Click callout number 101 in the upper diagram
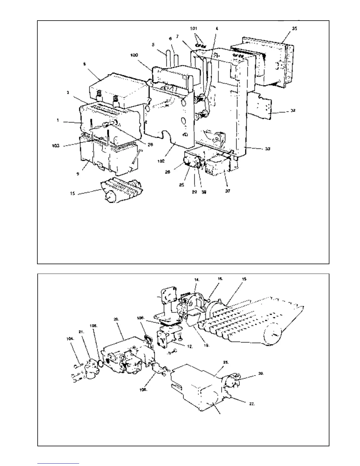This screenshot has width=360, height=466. [193, 29]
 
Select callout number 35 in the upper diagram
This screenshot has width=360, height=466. [294, 29]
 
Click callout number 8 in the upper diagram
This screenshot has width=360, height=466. [85, 64]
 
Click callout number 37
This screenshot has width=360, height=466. [227, 191]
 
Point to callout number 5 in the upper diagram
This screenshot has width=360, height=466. [153, 45]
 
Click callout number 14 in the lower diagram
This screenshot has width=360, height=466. [197, 280]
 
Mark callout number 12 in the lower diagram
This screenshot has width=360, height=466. [190, 347]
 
